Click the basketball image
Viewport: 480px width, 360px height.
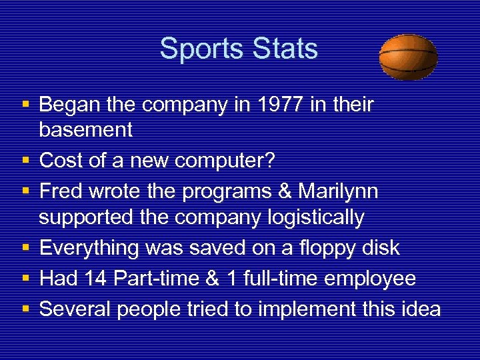click(408, 57)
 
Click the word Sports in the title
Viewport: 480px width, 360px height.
click(197, 49)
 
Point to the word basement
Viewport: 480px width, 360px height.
click(86, 129)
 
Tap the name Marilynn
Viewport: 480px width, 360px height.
click(338, 191)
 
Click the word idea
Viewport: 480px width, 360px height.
click(419, 309)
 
